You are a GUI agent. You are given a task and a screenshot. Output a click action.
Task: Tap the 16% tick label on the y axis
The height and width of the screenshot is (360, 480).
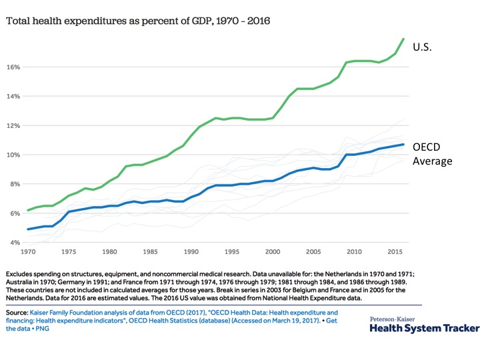click(14, 67)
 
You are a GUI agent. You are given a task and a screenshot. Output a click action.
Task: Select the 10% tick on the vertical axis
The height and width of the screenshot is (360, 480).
click(14, 155)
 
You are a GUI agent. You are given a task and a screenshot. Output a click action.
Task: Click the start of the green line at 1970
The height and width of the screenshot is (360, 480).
click(27, 211)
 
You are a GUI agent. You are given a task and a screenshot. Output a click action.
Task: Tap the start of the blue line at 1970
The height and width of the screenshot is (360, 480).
click(27, 229)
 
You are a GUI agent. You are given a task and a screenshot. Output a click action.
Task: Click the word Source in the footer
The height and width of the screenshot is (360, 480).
click(16, 312)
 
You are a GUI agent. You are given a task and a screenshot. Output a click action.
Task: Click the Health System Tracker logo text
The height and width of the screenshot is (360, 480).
click(424, 329)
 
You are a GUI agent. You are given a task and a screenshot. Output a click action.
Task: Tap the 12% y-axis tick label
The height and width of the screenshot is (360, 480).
click(14, 125)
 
